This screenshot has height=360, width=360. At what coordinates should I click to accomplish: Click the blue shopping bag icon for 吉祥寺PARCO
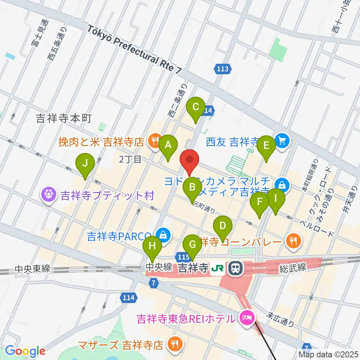pyautogui.click(x=163, y=235)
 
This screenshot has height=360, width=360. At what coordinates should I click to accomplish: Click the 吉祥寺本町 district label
pyautogui.click(x=64, y=119)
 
